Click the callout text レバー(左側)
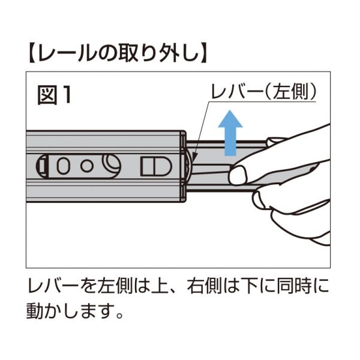click(x=262, y=93)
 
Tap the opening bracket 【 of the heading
click(x=34, y=53)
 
